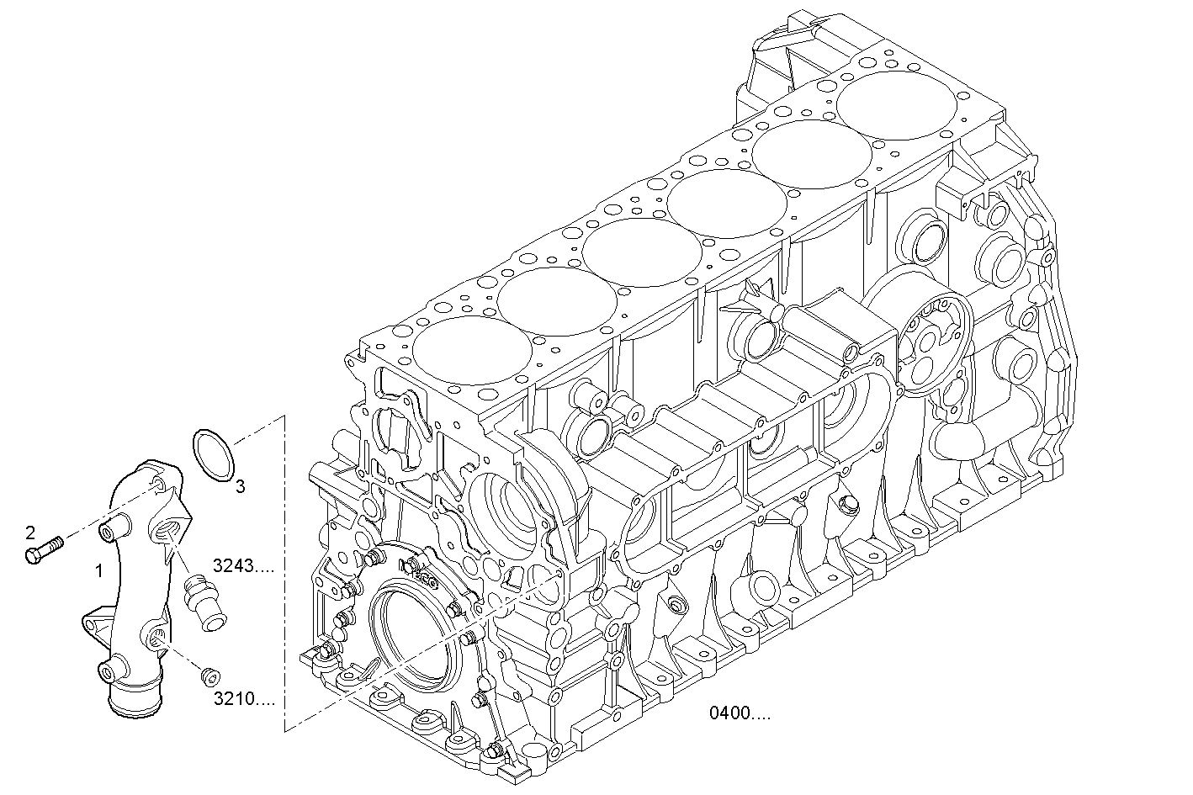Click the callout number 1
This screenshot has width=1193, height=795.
click(99, 570)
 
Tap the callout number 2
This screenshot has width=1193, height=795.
click(30, 532)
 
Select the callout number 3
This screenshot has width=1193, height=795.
click(240, 486)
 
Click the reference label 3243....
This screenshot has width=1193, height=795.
click(243, 566)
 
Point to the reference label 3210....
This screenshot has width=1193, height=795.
click(243, 698)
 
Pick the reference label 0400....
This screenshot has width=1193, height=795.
click(739, 714)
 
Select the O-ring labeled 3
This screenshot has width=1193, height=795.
click(213, 456)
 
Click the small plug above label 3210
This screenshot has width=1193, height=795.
click(210, 675)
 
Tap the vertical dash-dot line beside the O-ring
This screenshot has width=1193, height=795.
click(284, 572)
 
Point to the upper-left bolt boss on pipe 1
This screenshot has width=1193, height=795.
click(109, 531)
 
